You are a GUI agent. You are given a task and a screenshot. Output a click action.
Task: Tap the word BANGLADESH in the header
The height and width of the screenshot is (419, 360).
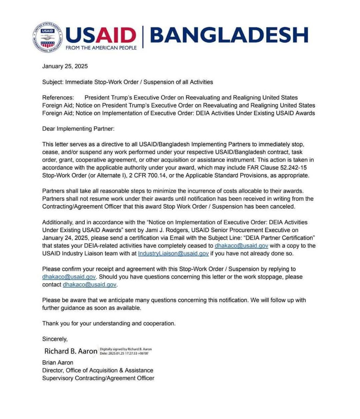pyautogui.click(x=230, y=35)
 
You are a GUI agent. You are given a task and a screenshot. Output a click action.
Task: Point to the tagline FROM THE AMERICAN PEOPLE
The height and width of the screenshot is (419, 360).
pyautogui.click(x=101, y=47)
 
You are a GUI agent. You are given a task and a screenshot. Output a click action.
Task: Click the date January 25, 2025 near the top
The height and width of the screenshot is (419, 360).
pyautogui.click(x=65, y=66)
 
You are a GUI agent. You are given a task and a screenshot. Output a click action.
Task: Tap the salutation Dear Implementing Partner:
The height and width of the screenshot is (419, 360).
pyautogui.click(x=78, y=128)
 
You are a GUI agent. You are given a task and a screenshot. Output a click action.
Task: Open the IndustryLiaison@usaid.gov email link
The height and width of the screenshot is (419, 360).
pyautogui.click(x=173, y=253)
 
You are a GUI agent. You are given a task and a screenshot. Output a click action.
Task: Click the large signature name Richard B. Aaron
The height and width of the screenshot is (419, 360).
pyautogui.click(x=71, y=351)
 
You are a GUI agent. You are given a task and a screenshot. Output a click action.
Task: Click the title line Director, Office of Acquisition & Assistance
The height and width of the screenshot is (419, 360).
pyautogui.click(x=98, y=370)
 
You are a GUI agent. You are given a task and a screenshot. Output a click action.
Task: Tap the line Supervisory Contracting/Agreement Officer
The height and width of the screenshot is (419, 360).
pyautogui.click(x=98, y=378)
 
